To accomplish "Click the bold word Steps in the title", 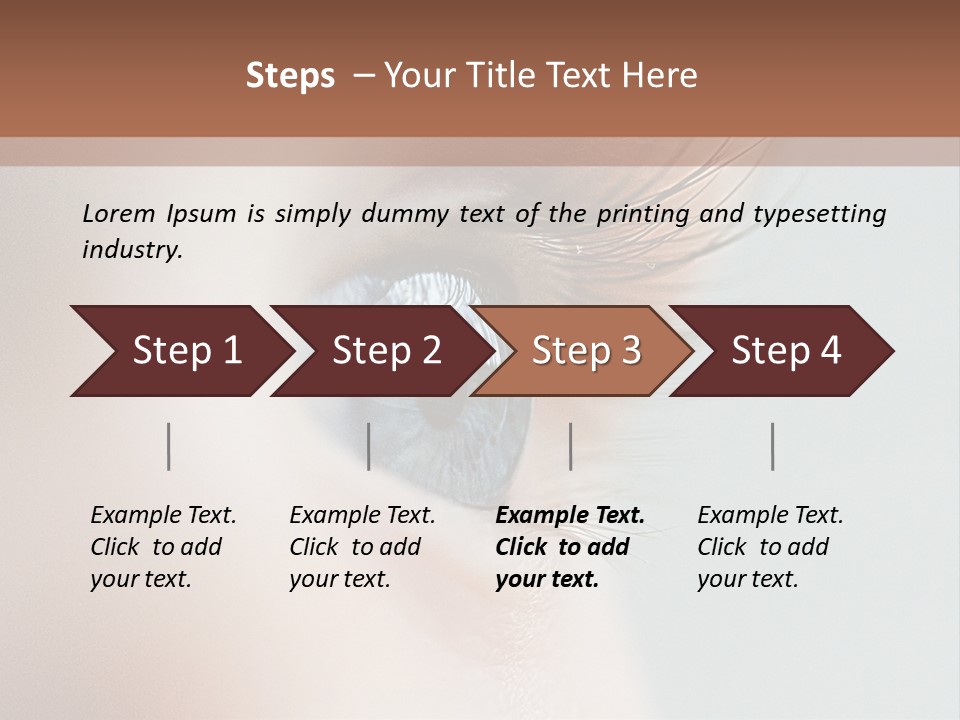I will pyautogui.click(x=290, y=76).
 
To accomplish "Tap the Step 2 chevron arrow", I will pyautogui.click(x=385, y=351).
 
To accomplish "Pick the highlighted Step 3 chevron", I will pyautogui.click(x=586, y=351).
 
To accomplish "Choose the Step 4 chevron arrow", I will pyautogui.click(x=786, y=351).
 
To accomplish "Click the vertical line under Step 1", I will pyautogui.click(x=169, y=446).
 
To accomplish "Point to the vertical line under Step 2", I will pyautogui.click(x=369, y=446).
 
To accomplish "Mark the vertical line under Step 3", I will pyautogui.click(x=570, y=446).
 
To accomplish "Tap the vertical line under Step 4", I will pyautogui.click(x=772, y=446).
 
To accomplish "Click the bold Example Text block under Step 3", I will pyautogui.click(x=570, y=547).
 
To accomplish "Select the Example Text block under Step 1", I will pyautogui.click(x=163, y=547).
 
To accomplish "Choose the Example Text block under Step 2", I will pyautogui.click(x=362, y=547).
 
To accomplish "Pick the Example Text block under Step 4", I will pyautogui.click(x=770, y=547).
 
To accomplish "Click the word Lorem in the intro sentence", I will pyautogui.click(x=119, y=213).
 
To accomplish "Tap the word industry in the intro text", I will pyautogui.click(x=131, y=250).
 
